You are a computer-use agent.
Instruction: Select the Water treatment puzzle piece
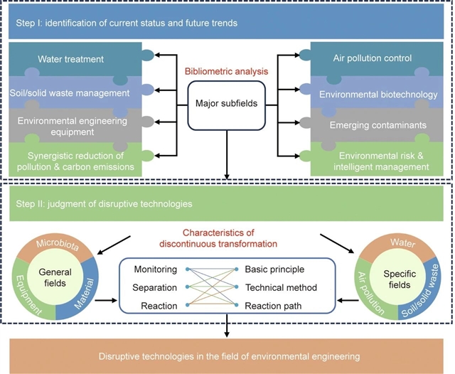[x=71, y=59]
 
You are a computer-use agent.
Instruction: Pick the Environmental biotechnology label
[x=377, y=92]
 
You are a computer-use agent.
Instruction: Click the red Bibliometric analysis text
[x=227, y=72]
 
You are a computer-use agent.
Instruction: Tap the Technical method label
[x=282, y=287]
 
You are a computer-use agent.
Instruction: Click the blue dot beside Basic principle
[x=236, y=269]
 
